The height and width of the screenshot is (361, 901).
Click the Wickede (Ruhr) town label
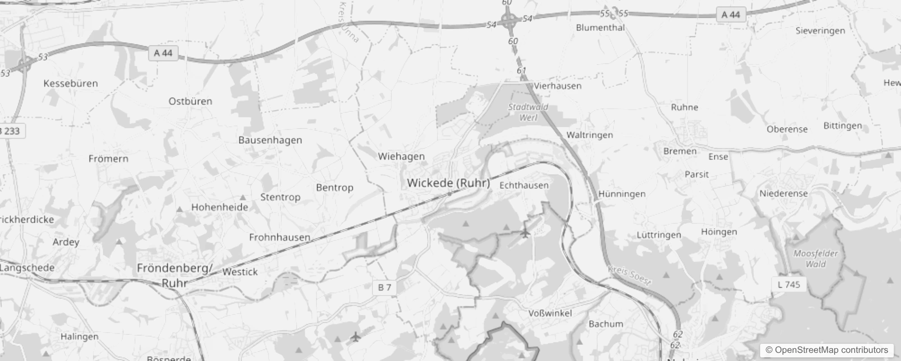tap(448, 183)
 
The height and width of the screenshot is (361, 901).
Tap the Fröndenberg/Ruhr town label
tap(175, 275)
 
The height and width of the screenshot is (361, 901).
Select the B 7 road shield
tap(385, 287)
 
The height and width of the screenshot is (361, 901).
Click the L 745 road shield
tap(789, 285)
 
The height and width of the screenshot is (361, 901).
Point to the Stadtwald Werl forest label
tap(528, 112)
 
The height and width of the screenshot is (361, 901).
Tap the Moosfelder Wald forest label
tap(816, 259)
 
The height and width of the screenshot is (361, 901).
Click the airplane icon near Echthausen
tap(525, 233)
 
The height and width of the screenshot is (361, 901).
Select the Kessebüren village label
tap(70, 83)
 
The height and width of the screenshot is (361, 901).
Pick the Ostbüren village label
tap(190, 102)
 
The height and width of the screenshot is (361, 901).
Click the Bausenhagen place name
tap(270, 140)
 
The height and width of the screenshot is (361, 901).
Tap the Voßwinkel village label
tap(550, 313)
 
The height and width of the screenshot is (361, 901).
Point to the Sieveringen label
tap(820, 31)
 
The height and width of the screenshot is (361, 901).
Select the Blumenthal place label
tap(600, 28)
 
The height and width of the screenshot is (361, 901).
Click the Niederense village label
tap(783, 194)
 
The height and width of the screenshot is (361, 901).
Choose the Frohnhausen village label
tap(279, 237)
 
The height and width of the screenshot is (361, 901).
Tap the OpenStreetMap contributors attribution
tap(827, 350)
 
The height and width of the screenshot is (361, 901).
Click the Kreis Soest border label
tap(630, 276)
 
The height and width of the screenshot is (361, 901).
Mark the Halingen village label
tap(79, 337)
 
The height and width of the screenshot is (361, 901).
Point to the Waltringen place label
tap(590, 135)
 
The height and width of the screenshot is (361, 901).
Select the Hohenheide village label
tap(220, 208)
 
